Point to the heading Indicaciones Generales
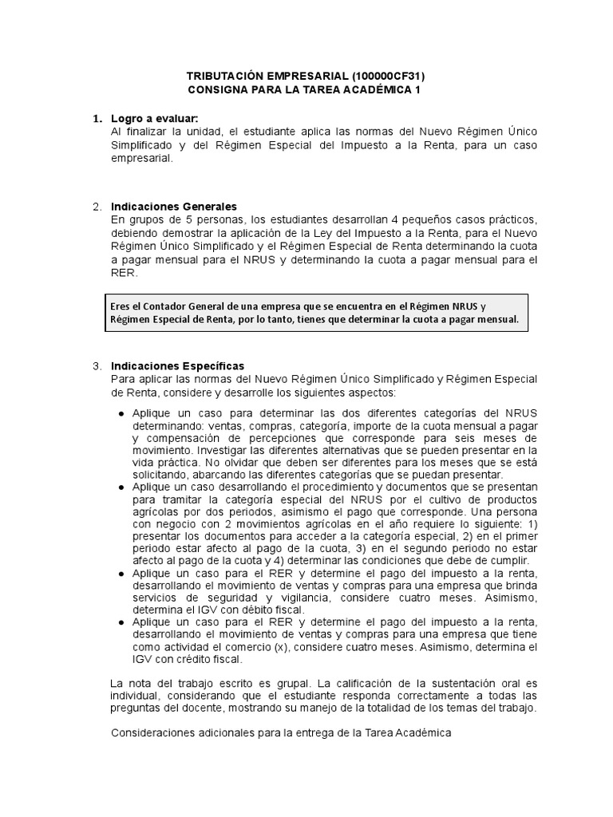click(173, 207)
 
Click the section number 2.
click(97, 207)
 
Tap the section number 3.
click(97, 365)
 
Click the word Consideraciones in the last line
click(156, 732)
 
